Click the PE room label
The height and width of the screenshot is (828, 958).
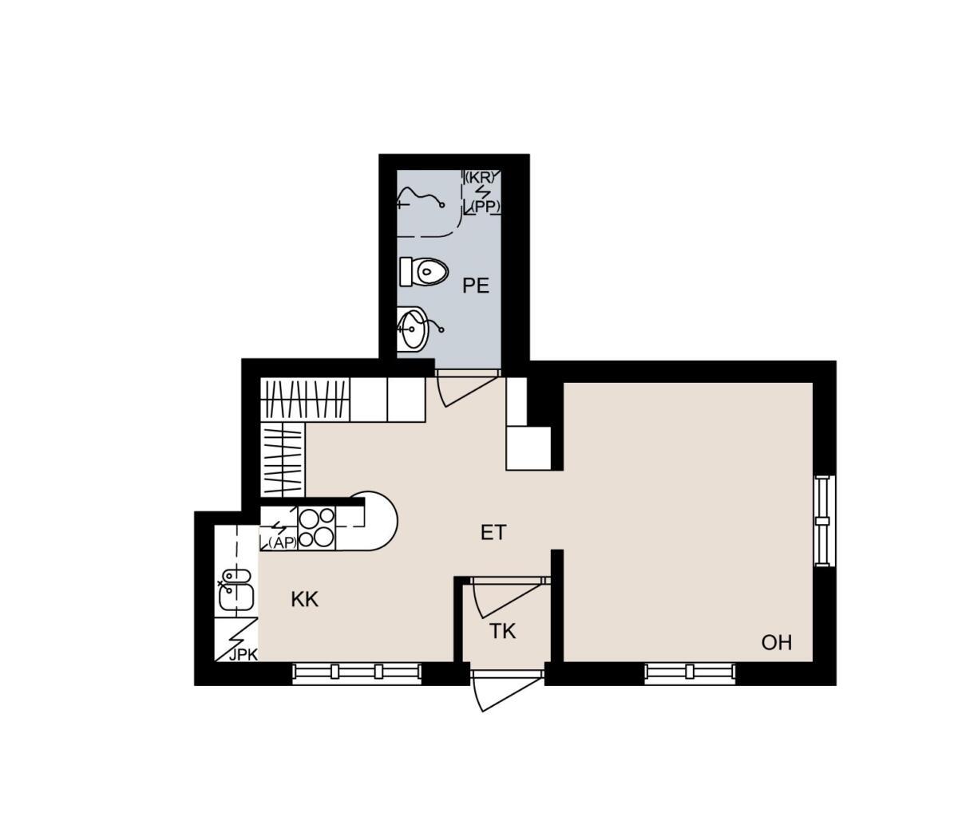[476, 286]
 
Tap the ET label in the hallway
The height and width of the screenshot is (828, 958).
[493, 533]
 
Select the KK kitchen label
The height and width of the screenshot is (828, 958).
[304, 599]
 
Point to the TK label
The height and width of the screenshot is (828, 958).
[502, 631]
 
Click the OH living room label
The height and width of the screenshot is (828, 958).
[776, 642]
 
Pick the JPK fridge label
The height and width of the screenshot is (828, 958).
[243, 655]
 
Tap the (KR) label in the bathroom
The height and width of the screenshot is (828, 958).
[482, 177]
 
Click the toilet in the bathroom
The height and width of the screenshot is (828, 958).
[423, 272]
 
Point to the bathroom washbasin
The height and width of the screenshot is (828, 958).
[413, 329]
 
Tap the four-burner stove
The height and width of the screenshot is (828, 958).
[317, 527]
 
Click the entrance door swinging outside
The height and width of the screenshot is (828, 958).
[505, 692]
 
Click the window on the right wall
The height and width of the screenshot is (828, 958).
[825, 521]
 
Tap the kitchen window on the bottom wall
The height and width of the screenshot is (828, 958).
[357, 674]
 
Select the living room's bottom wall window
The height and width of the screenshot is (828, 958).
[690, 674]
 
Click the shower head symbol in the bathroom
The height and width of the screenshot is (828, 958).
[421, 198]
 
